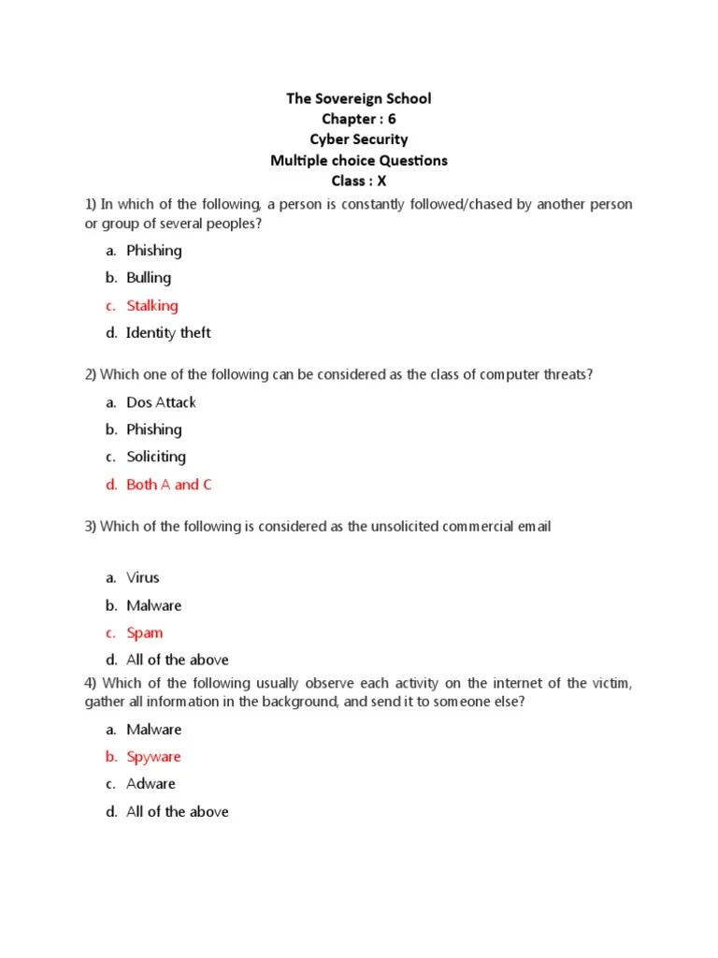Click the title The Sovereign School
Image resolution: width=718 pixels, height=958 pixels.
point(359,98)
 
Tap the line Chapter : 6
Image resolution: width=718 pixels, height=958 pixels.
point(359,119)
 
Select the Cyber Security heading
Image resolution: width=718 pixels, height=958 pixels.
point(359,139)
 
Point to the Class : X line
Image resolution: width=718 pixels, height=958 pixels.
point(359,181)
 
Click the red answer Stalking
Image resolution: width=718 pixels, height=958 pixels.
point(151,305)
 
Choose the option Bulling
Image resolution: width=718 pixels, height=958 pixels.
point(149,278)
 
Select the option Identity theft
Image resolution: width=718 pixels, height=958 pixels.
point(168,332)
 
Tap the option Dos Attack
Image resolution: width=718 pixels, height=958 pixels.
point(161,402)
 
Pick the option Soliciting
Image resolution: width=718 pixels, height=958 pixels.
point(156,457)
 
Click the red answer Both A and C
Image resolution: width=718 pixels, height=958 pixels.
point(169,485)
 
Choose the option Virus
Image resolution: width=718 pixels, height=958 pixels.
point(143,577)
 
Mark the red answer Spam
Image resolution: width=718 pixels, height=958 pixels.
point(145,632)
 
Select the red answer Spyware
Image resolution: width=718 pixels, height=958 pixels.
point(153,756)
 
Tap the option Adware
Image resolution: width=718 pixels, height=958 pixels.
point(151,783)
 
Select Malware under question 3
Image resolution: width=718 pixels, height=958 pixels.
point(154,605)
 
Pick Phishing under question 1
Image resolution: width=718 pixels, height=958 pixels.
point(154,251)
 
